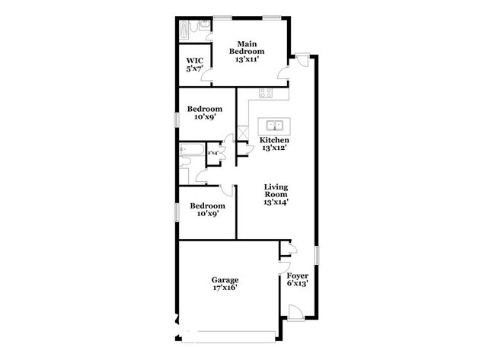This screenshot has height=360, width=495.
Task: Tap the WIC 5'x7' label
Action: (194, 65)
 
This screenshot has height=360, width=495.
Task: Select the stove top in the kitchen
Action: (266, 94)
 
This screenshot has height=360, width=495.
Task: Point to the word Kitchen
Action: (274, 141)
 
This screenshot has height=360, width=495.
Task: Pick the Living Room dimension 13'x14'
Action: (275, 202)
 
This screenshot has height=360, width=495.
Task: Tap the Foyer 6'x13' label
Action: (297, 279)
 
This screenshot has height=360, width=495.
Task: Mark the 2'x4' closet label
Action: (213, 153)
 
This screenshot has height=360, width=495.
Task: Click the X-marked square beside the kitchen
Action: (243, 134)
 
